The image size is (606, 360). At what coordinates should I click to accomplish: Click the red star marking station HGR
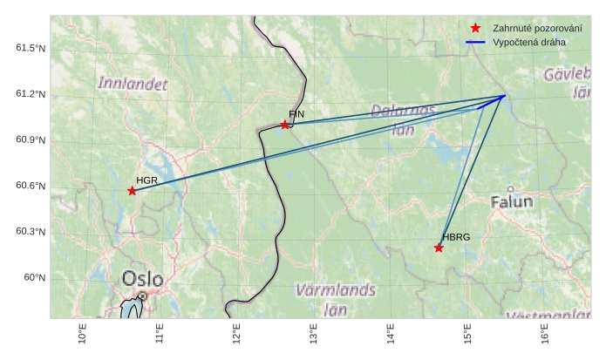[x=132, y=190]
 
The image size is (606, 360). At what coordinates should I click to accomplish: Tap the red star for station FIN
[x=285, y=125]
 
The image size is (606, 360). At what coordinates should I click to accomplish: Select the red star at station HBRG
[x=439, y=248]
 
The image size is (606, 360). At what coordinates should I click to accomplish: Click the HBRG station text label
[x=455, y=237]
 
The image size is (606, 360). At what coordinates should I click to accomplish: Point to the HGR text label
[x=146, y=180]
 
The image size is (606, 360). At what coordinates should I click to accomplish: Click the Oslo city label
[x=142, y=279]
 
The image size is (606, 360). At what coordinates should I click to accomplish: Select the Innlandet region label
[x=132, y=84]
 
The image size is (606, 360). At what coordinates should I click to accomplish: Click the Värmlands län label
[x=337, y=297]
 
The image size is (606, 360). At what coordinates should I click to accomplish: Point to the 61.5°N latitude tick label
[x=30, y=48]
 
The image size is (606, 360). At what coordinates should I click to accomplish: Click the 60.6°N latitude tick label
[x=30, y=186]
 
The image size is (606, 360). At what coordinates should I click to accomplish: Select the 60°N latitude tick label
[x=34, y=277]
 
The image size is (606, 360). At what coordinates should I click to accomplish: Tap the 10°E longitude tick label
[x=83, y=336]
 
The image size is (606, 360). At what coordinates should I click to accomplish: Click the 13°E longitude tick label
[x=313, y=336]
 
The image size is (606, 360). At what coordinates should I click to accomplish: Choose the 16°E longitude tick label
[x=544, y=336]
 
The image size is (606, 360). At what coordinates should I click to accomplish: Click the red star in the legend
[x=475, y=28]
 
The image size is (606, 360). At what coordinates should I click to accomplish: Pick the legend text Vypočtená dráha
[x=528, y=42]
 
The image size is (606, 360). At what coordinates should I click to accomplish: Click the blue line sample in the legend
[x=475, y=42]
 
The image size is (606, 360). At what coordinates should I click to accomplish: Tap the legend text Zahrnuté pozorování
[x=537, y=28]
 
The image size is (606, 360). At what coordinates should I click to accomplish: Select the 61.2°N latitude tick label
[x=30, y=94]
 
